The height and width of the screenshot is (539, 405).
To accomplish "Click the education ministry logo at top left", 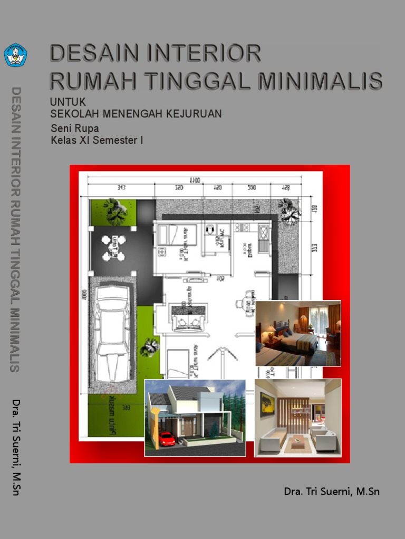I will (x=15, y=55).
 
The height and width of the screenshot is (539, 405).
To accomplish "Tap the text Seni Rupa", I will (x=74, y=128).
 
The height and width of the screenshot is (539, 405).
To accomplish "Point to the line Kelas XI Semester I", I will (x=97, y=141).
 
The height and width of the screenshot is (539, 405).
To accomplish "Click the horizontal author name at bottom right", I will (x=331, y=492).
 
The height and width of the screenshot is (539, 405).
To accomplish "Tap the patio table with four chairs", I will (x=114, y=248).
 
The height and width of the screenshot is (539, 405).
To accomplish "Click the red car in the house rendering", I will (x=166, y=438).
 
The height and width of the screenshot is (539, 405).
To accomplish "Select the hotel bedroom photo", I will (x=298, y=333).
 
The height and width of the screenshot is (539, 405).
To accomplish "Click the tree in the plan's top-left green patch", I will (x=115, y=211).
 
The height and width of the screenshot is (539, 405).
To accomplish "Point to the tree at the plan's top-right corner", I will (x=290, y=211).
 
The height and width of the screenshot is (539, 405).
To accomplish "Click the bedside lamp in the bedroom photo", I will (x=271, y=331).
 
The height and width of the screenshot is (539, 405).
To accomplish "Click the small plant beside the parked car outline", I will (x=149, y=347).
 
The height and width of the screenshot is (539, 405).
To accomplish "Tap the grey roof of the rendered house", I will (x=182, y=393).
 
